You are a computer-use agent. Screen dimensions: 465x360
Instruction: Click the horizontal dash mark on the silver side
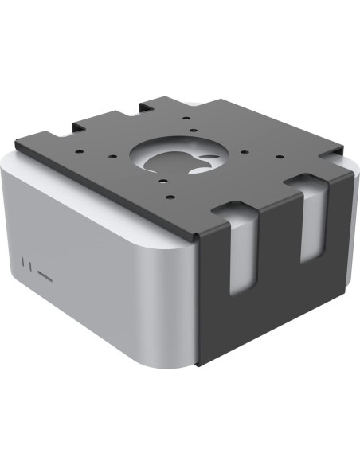click(x=43, y=279)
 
